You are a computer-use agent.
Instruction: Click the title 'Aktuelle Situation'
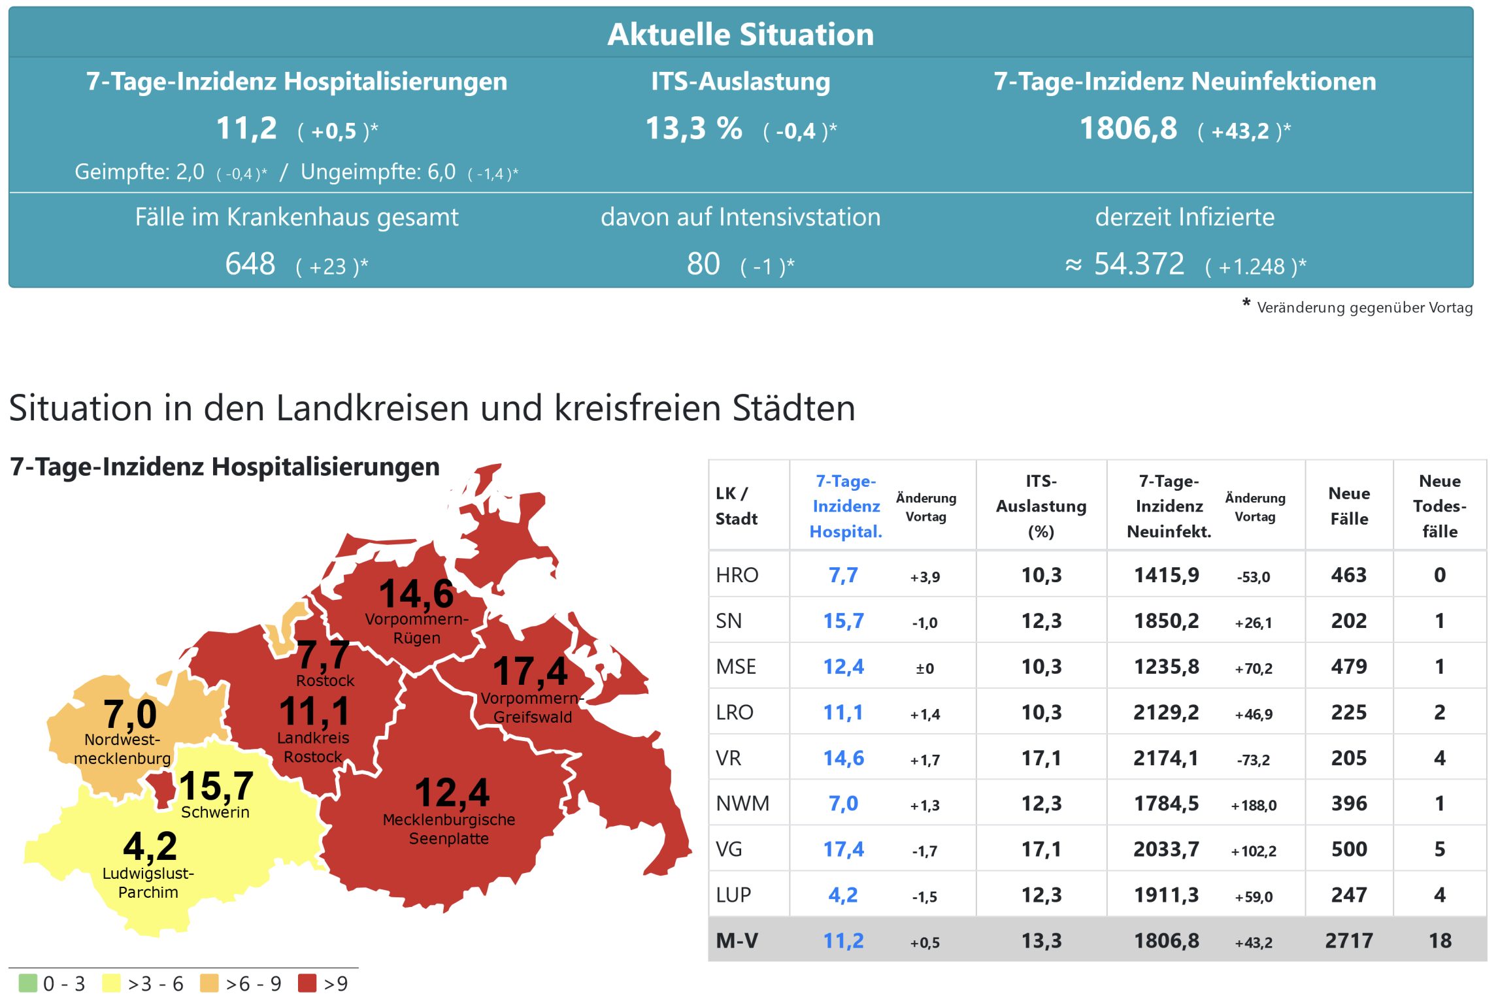tap(740, 34)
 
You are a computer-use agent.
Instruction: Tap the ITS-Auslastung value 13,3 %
tap(693, 128)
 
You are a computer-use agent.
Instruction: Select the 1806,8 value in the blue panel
tap(1128, 128)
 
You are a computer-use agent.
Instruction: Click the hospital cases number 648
tap(250, 264)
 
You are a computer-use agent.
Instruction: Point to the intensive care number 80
tap(703, 264)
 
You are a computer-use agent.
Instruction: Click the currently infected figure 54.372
tap(1139, 264)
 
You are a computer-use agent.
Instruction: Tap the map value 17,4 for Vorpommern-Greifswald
tap(530, 672)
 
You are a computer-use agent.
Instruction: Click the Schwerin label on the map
tap(215, 812)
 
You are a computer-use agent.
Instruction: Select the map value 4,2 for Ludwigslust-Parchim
tap(150, 846)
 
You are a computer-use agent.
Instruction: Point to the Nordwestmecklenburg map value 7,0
tap(130, 714)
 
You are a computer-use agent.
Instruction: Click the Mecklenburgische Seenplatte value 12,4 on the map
tap(452, 793)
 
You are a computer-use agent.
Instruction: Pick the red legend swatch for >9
tap(307, 983)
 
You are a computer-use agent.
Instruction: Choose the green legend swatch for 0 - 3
tap(28, 983)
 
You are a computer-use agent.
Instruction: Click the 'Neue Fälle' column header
tap(1348, 506)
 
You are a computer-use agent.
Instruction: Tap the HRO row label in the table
tap(737, 575)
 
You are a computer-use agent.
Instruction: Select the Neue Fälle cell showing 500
tap(1348, 849)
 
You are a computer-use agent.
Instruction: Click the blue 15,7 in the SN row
tap(843, 621)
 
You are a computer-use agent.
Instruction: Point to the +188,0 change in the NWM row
tap(1253, 805)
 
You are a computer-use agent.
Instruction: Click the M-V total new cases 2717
tap(1348, 940)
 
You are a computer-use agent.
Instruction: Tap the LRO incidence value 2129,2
tap(1166, 712)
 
